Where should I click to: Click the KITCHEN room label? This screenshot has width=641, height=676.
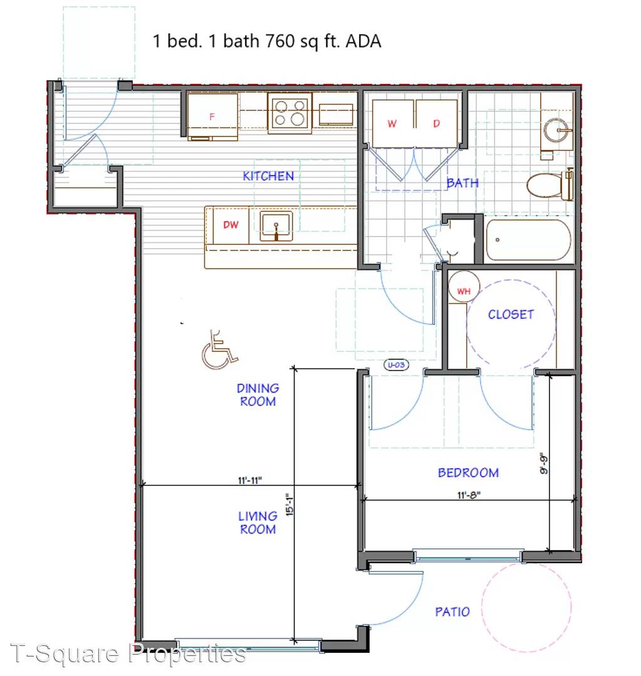tap(268, 176)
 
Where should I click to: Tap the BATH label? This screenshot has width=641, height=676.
tap(462, 183)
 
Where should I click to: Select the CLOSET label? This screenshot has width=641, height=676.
tap(511, 314)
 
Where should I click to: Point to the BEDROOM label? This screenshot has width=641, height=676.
tap(468, 473)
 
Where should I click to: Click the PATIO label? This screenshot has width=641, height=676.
tap(452, 612)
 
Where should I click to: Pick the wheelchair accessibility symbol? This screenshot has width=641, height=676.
tap(219, 350)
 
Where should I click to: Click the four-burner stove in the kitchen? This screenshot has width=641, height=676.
tap(289, 113)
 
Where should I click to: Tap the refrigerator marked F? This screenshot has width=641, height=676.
tap(212, 116)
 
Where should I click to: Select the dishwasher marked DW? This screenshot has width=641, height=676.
tap(231, 225)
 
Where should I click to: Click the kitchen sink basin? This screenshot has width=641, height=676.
tap(276, 226)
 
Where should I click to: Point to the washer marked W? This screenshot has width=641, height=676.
tap(392, 124)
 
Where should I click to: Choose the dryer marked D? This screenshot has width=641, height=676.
tap(436, 124)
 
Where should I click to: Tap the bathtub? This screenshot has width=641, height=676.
tap(528, 240)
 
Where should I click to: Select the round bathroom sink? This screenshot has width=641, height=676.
tap(558, 130)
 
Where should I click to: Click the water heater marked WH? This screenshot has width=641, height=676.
tap(464, 287)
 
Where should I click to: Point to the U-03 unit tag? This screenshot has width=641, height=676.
tap(396, 365)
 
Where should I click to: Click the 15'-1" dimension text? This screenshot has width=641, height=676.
tap(289, 504)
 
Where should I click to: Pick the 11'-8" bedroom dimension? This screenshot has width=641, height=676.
tap(469, 495)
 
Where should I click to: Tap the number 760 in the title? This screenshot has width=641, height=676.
tap(280, 41)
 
